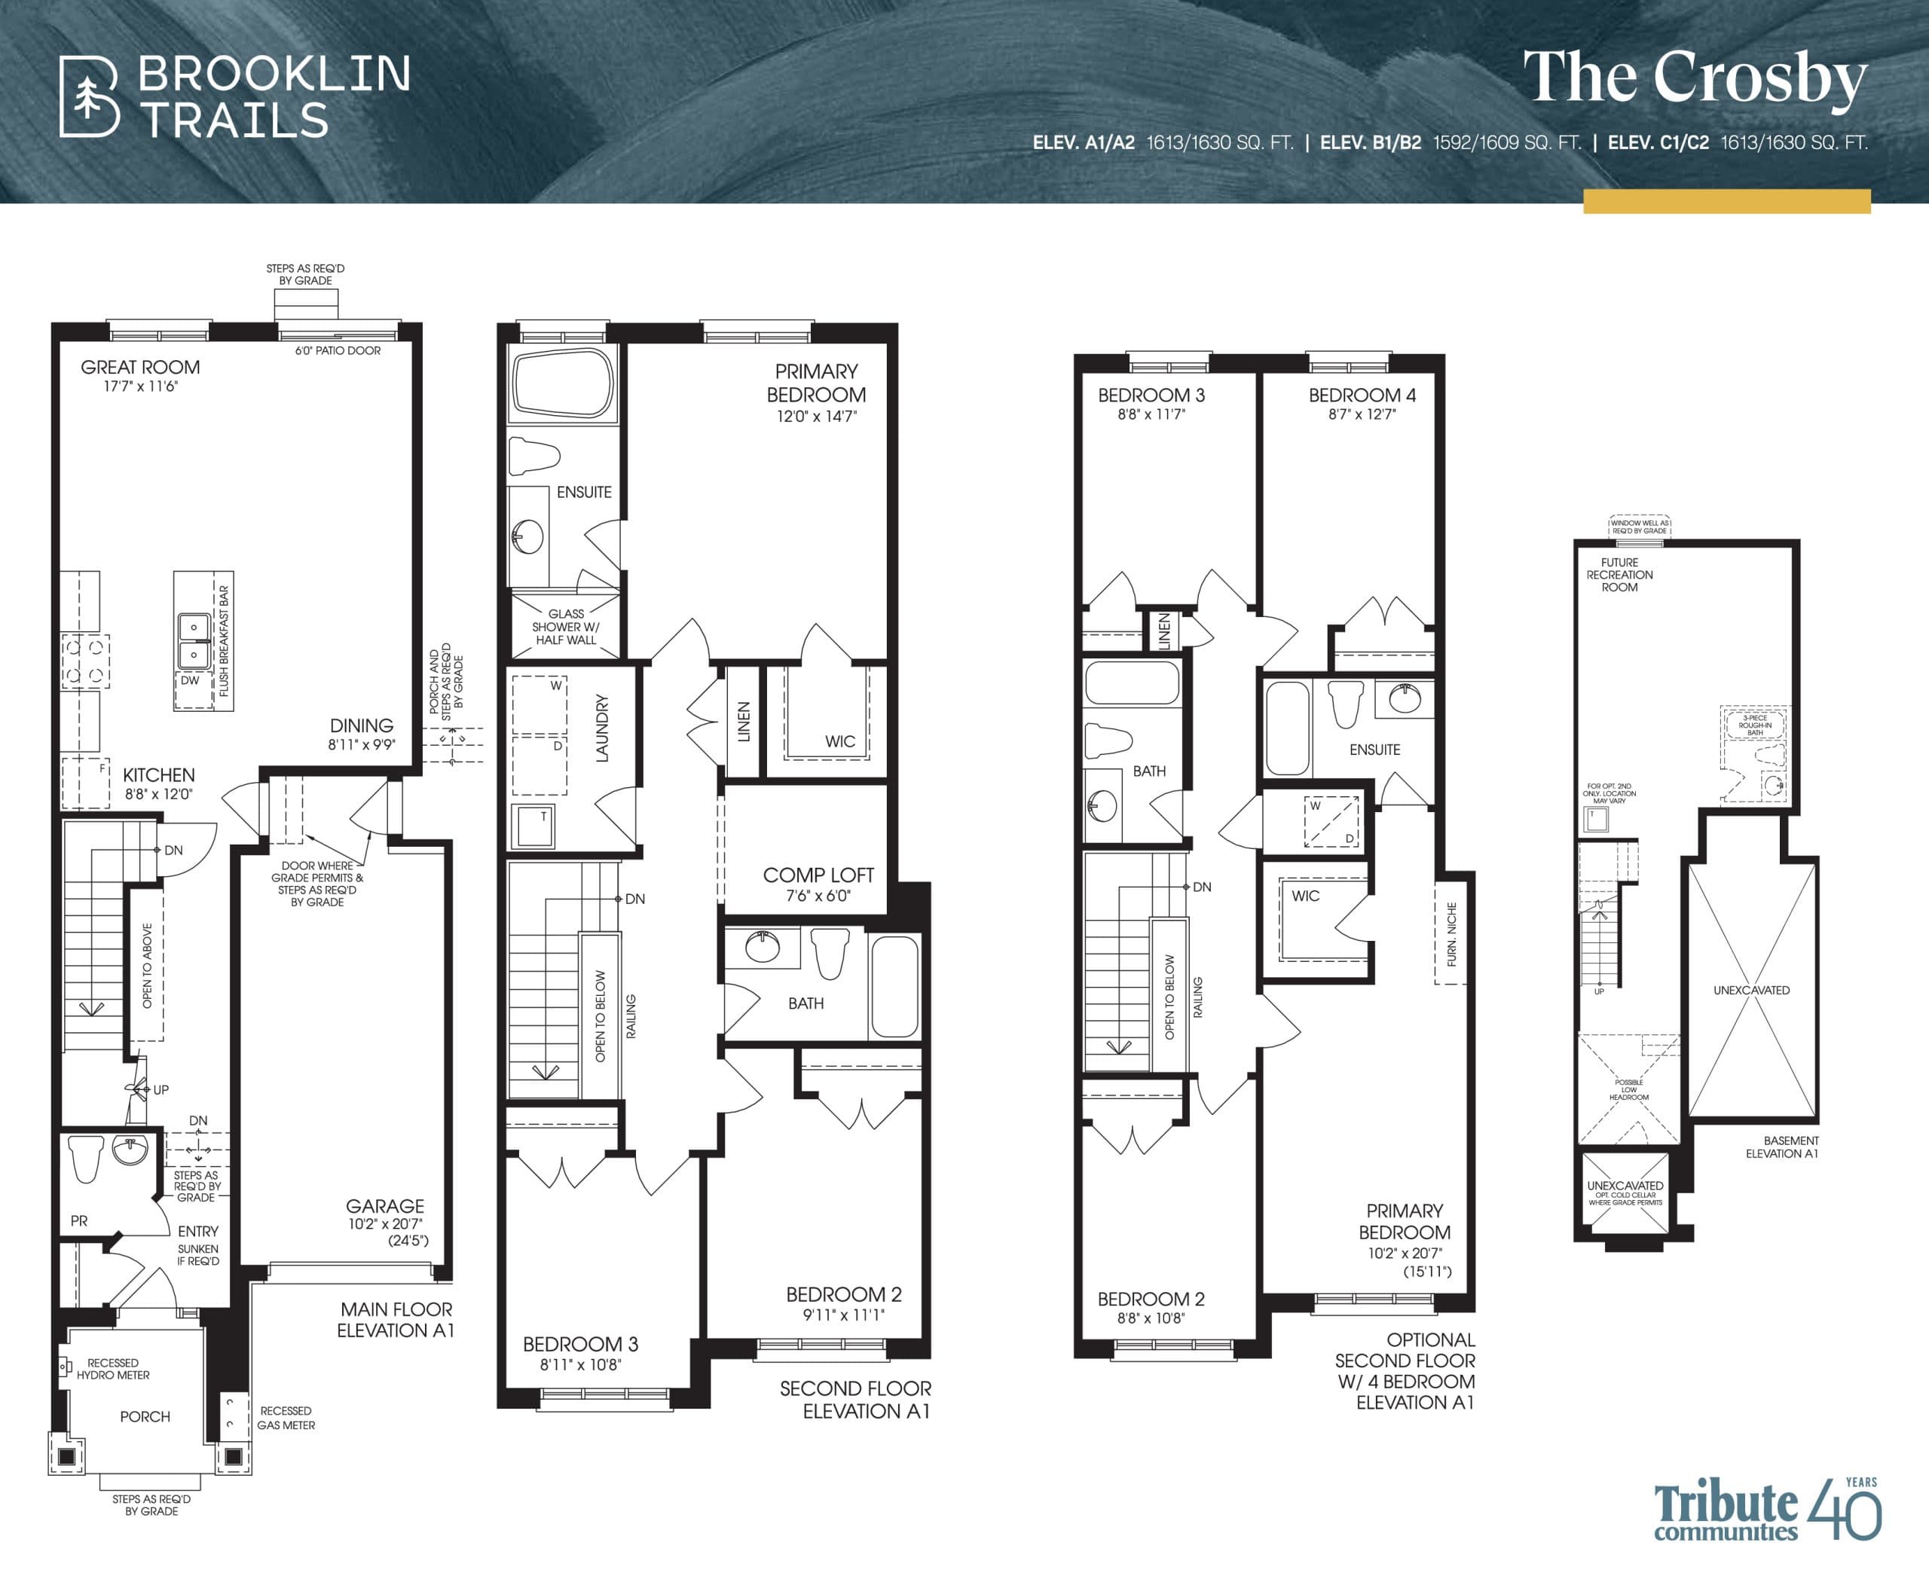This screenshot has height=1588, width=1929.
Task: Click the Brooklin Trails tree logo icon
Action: pos(89,97)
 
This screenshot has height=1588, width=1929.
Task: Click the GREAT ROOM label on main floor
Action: pos(140,367)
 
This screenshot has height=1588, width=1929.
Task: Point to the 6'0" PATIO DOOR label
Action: pos(337,350)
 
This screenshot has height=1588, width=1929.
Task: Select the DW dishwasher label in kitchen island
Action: pos(189,680)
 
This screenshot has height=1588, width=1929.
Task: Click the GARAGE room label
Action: pos(384,1205)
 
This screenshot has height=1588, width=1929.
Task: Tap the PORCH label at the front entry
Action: pos(145,1416)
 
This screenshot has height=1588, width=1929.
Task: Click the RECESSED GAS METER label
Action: pos(286,1418)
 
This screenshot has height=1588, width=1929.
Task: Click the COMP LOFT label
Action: pos(818,875)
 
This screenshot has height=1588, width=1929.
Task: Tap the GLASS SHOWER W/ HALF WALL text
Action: pos(566,627)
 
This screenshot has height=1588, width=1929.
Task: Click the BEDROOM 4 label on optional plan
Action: pos(1362,395)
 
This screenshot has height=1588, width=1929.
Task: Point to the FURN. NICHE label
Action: pos(1451,934)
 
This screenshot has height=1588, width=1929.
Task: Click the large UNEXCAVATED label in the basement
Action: pos(1750,990)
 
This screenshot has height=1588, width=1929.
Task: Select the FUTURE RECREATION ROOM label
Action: pos(1619,575)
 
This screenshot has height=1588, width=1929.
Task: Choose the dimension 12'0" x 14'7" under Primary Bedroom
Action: pos(816,416)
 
